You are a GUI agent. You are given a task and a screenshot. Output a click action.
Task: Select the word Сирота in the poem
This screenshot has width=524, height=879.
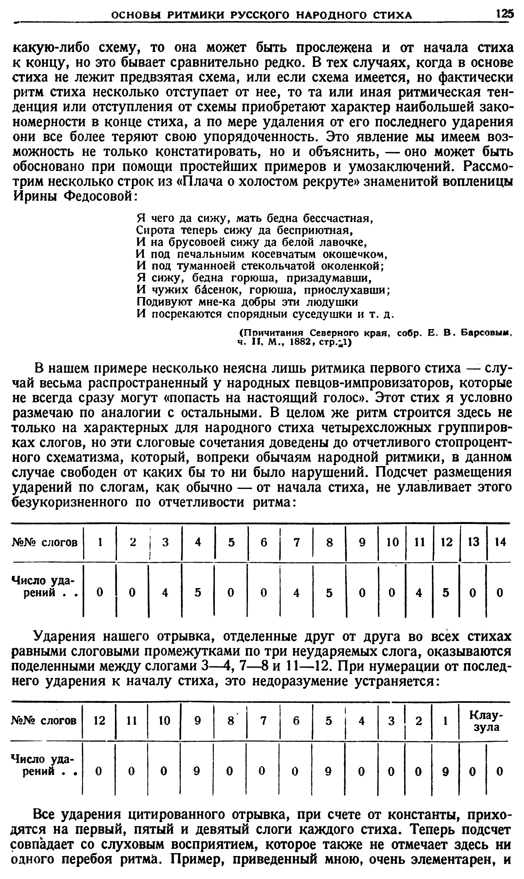155,231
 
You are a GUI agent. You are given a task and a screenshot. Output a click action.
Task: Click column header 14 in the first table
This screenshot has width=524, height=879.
500,542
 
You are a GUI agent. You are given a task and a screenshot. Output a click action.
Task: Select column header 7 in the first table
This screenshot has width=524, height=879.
297,542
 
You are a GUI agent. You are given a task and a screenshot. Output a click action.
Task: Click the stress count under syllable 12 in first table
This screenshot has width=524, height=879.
446,593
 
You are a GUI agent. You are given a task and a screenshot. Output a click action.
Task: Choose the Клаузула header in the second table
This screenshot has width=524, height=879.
486,721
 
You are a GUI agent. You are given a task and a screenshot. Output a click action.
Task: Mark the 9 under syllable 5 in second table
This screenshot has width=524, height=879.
328,772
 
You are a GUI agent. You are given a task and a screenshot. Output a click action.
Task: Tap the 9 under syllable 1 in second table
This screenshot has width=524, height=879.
446,772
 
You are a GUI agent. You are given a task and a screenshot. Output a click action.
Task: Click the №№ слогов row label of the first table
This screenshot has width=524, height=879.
45,542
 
